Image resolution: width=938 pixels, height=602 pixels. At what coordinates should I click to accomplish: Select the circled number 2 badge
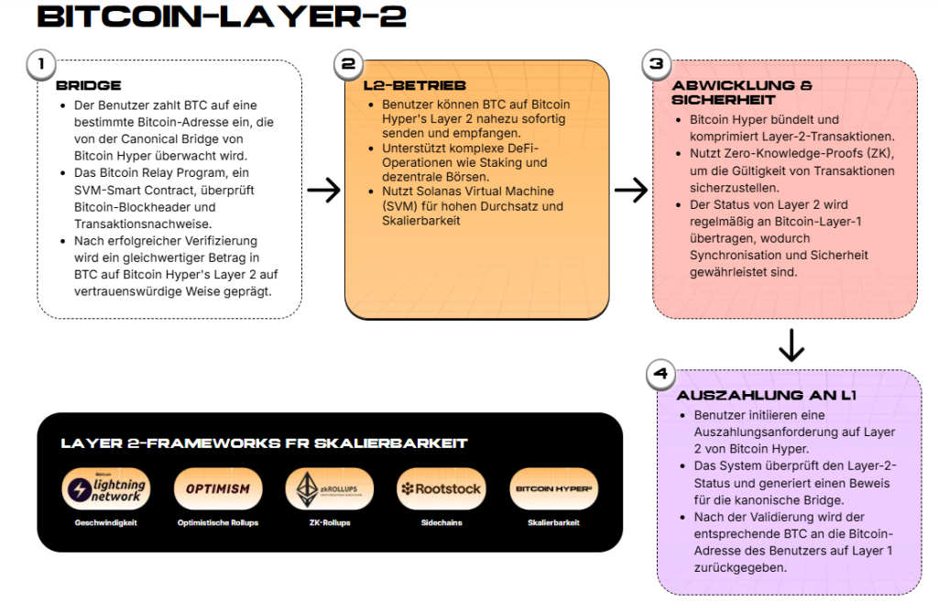tap(347, 64)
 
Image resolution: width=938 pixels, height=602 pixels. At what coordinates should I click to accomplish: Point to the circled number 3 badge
tap(655, 64)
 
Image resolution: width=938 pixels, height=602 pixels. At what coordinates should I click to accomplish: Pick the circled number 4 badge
tap(660, 374)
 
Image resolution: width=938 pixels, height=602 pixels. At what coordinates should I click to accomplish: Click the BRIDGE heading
tap(88, 85)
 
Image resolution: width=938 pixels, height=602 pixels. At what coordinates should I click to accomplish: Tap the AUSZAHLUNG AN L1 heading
tap(766, 396)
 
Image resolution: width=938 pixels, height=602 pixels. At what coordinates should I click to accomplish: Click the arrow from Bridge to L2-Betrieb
tap(323, 190)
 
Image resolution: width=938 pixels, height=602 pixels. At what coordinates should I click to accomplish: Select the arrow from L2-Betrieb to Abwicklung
tap(631, 190)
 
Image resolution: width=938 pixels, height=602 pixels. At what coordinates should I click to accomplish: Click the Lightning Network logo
tap(104, 489)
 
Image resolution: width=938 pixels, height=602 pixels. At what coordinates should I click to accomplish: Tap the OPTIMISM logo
tap(217, 488)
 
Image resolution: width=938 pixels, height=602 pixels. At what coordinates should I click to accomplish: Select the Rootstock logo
tap(441, 488)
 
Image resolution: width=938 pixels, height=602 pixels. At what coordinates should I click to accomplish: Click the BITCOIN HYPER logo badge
tap(553, 488)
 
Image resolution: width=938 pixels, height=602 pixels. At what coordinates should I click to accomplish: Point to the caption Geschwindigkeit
tap(105, 522)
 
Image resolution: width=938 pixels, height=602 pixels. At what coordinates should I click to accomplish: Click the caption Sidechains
tap(442, 522)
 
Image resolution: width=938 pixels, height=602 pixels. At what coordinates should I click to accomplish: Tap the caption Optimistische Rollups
tap(217, 522)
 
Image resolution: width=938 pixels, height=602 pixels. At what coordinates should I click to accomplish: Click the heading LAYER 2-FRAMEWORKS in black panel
tap(264, 443)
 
